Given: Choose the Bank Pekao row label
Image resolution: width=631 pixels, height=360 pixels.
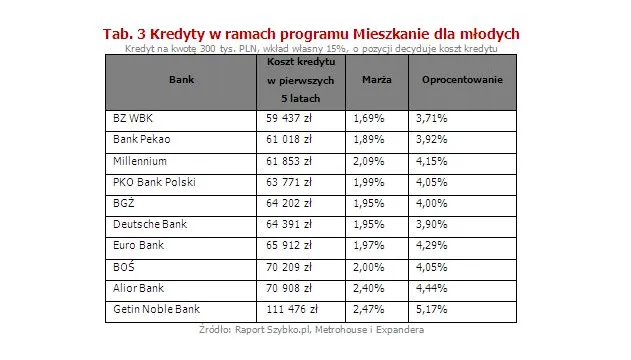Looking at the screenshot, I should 143,140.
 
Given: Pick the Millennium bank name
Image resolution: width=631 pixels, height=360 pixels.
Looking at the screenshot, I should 141,161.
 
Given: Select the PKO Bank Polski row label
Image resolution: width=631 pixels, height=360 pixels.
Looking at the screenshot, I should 155,183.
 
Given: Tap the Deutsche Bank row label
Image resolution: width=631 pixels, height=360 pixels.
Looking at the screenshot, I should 150,224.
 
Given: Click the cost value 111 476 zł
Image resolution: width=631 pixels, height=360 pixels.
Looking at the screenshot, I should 288,310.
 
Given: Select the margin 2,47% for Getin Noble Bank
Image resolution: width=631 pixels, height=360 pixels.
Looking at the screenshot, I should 368,310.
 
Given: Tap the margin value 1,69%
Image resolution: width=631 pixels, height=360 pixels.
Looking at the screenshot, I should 368,119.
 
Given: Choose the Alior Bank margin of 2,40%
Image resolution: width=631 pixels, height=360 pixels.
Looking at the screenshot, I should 368,289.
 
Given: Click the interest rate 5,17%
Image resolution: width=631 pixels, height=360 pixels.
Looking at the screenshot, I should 431,310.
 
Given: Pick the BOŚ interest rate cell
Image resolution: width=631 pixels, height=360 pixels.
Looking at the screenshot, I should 431,267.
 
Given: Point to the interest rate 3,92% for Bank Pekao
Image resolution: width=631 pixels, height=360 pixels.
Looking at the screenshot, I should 431,140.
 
